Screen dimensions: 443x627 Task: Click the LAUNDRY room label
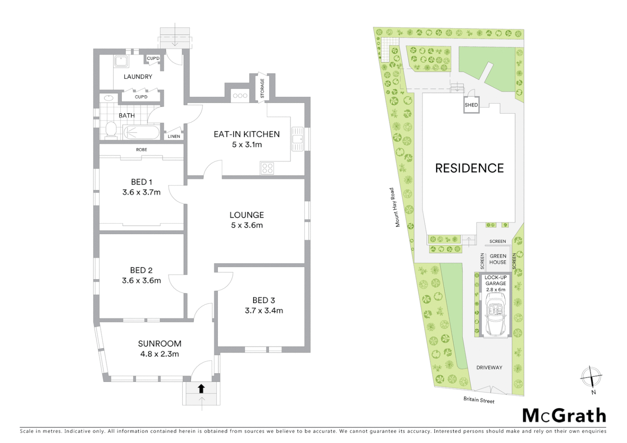click(138, 77)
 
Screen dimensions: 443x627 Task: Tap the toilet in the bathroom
click(111, 130)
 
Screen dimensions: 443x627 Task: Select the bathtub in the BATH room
click(141, 132)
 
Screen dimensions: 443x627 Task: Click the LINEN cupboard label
click(174, 136)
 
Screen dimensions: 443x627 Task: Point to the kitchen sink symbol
click(297, 139)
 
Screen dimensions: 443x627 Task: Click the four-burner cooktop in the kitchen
click(268, 168)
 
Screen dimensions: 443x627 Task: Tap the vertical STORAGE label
click(262, 88)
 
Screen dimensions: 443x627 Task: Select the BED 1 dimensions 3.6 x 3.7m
click(141, 192)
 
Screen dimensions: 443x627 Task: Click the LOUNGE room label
click(247, 215)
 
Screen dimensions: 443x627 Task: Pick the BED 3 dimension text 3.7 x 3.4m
click(264, 311)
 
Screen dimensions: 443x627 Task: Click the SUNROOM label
click(160, 344)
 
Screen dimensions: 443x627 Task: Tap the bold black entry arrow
click(201, 388)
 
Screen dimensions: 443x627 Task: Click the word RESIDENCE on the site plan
click(469, 168)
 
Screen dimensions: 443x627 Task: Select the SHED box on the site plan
click(471, 105)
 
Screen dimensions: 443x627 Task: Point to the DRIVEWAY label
click(489, 368)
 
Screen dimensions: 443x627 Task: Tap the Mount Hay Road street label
click(394, 207)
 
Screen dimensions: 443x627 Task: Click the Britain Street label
click(479, 400)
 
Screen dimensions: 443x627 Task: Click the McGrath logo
click(564, 416)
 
